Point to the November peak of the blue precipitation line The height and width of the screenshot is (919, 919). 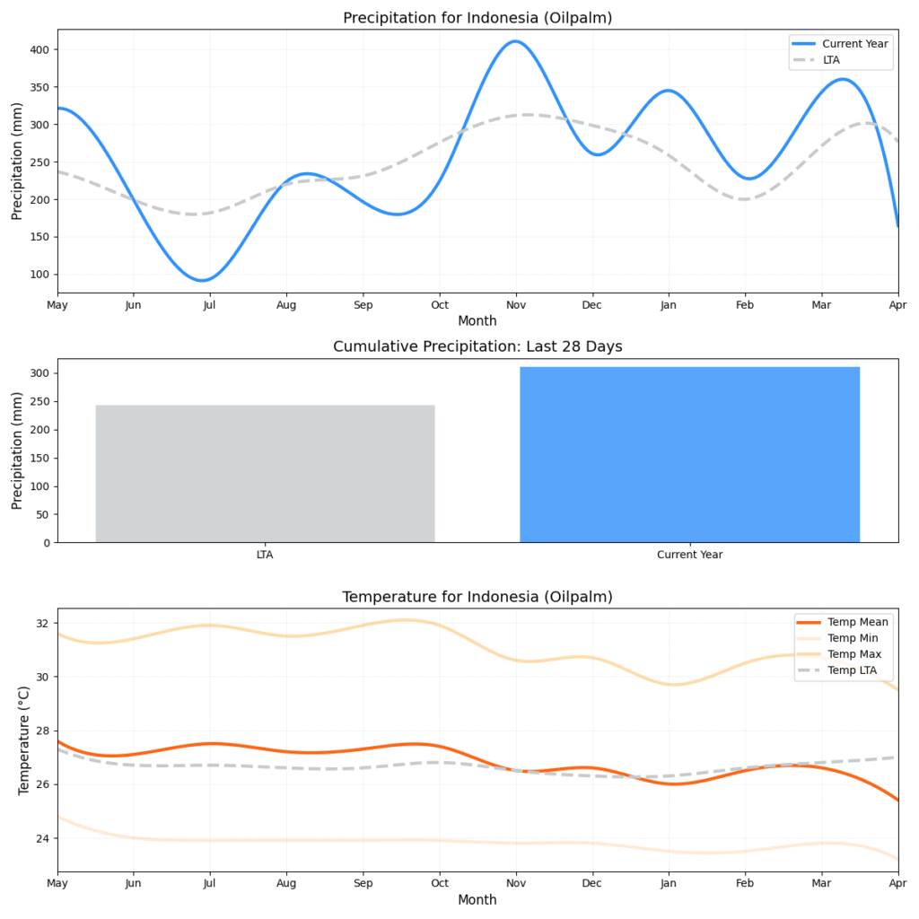[x=515, y=41]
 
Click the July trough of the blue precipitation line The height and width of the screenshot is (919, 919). [x=204, y=280]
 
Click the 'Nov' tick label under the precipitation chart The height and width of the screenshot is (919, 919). [x=515, y=306]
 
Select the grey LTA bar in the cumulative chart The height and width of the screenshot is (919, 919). [x=265, y=473]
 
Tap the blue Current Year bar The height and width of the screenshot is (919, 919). [x=689, y=454]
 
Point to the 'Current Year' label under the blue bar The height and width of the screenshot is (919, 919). [x=689, y=555]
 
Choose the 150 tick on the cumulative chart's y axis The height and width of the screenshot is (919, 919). [x=39, y=458]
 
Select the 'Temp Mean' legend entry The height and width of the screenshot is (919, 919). [x=858, y=622]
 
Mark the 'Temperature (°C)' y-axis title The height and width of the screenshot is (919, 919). [x=24, y=740]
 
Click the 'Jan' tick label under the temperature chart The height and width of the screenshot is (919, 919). [x=668, y=884]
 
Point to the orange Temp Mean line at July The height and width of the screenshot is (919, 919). [x=210, y=743]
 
